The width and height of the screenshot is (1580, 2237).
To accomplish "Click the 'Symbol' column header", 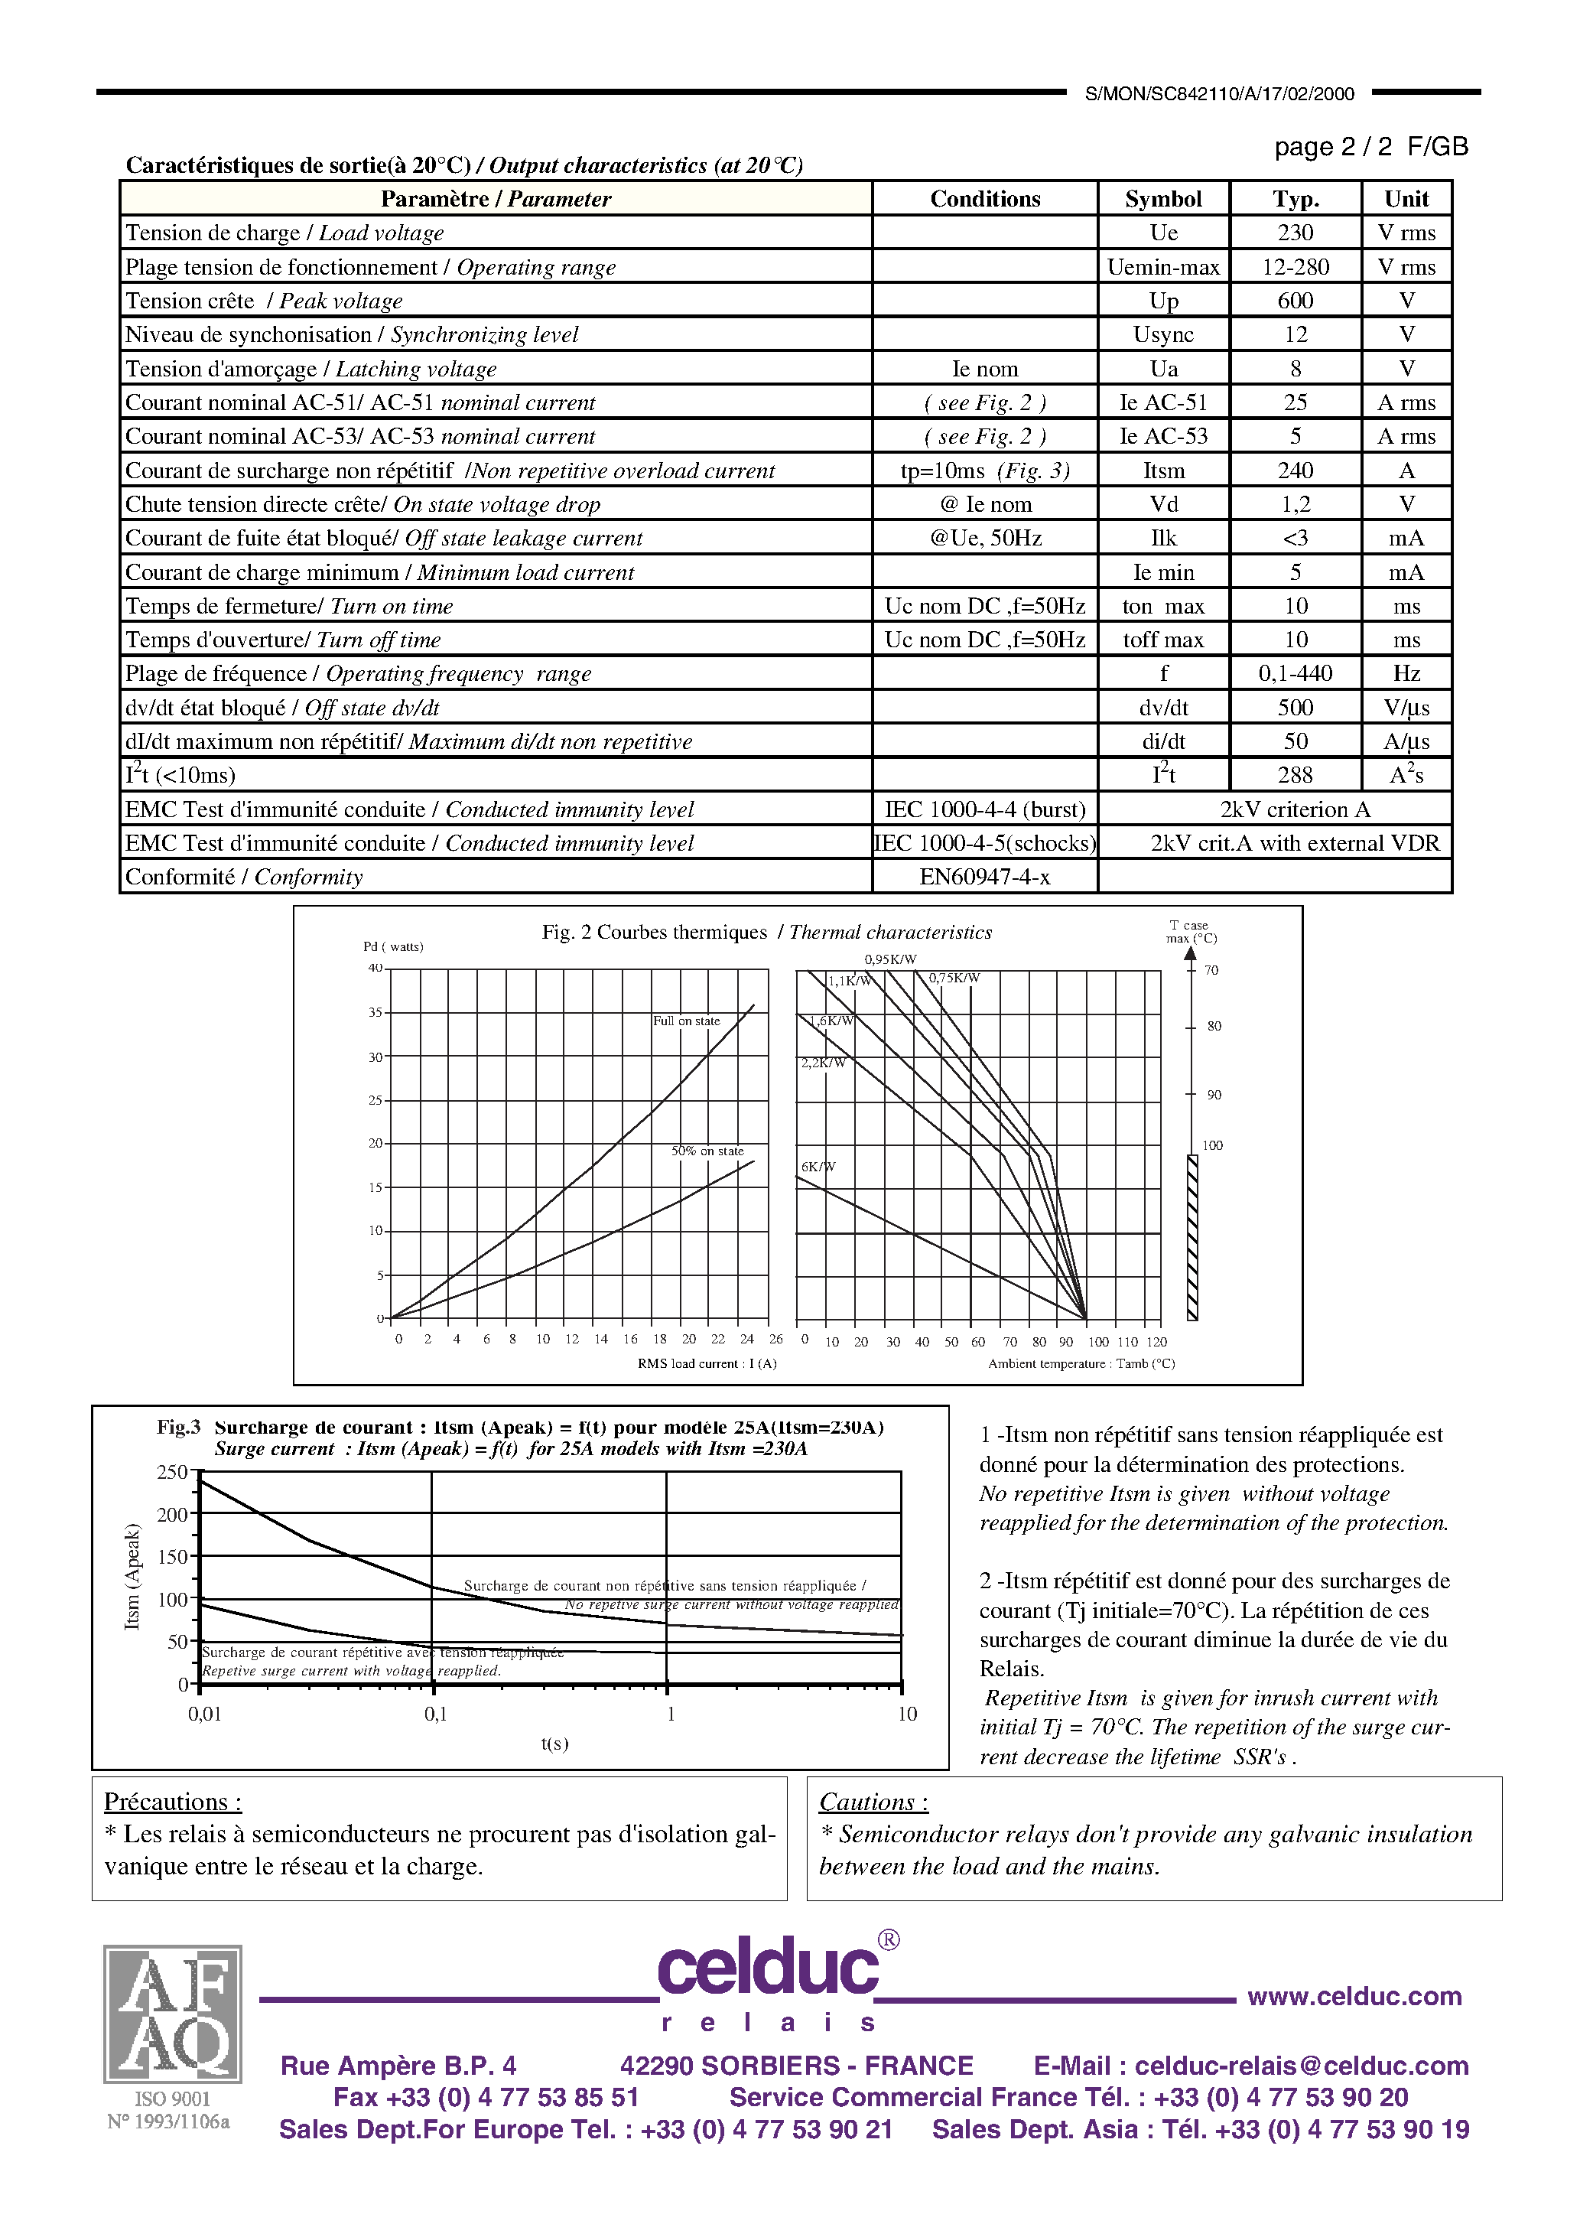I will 1162,199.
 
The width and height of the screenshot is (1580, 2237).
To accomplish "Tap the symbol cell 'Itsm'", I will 1163,471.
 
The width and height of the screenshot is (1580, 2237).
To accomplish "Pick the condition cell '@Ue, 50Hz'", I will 985,538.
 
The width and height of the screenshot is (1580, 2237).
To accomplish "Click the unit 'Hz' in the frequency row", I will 1406,673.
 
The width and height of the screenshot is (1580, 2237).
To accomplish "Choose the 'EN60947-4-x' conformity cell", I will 985,877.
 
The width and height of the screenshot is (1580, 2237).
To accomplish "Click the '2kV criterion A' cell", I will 1295,809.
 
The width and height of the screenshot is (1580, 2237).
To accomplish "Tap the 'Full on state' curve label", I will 686,1021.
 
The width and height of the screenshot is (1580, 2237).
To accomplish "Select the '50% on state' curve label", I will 706,1151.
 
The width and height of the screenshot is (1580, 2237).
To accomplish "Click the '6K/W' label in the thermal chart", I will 818,1166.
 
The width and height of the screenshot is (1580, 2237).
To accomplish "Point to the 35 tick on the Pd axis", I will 375,1012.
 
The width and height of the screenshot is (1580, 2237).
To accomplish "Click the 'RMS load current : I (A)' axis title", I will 706,1363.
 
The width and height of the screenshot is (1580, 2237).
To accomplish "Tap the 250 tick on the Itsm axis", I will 171,1472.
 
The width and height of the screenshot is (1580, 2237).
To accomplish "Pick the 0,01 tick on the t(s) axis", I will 204,1714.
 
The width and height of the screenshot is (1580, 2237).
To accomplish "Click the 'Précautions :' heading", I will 172,1802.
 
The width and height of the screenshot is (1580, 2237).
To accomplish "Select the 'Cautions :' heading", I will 873,1802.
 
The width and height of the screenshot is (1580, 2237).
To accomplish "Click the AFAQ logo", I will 172,2013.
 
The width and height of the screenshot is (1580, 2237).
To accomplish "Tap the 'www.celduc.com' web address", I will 1354,1996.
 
